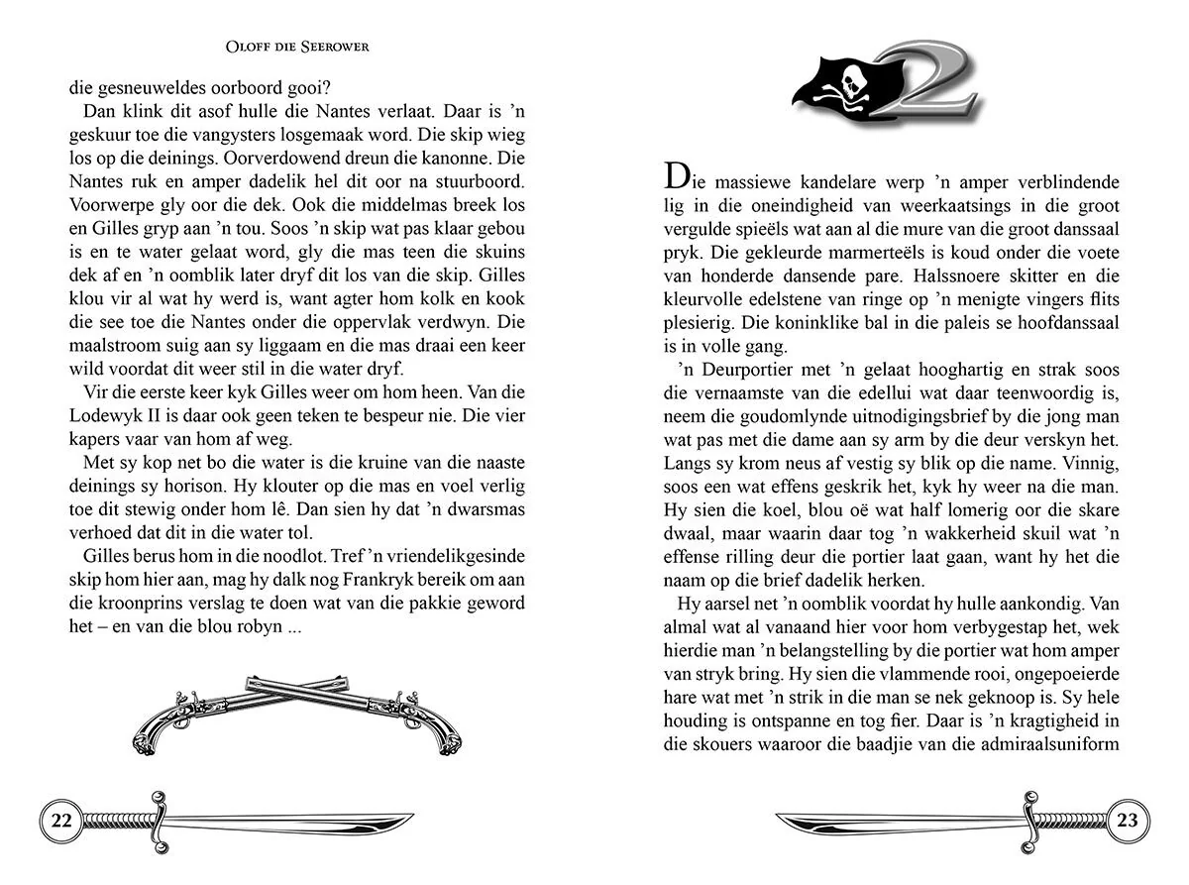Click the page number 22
61,821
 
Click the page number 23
1128,821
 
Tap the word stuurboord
477,182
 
